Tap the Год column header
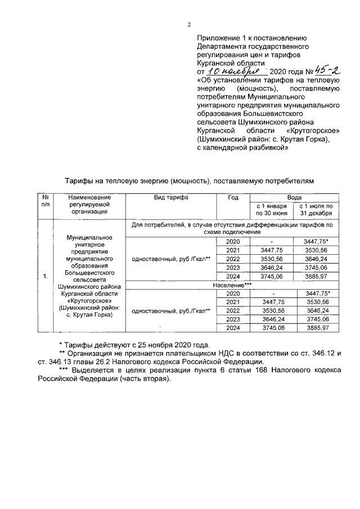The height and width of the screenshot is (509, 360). click(x=233, y=198)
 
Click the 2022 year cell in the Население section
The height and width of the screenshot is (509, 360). click(x=233, y=310)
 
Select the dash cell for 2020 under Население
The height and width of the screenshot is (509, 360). click(x=272, y=294)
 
